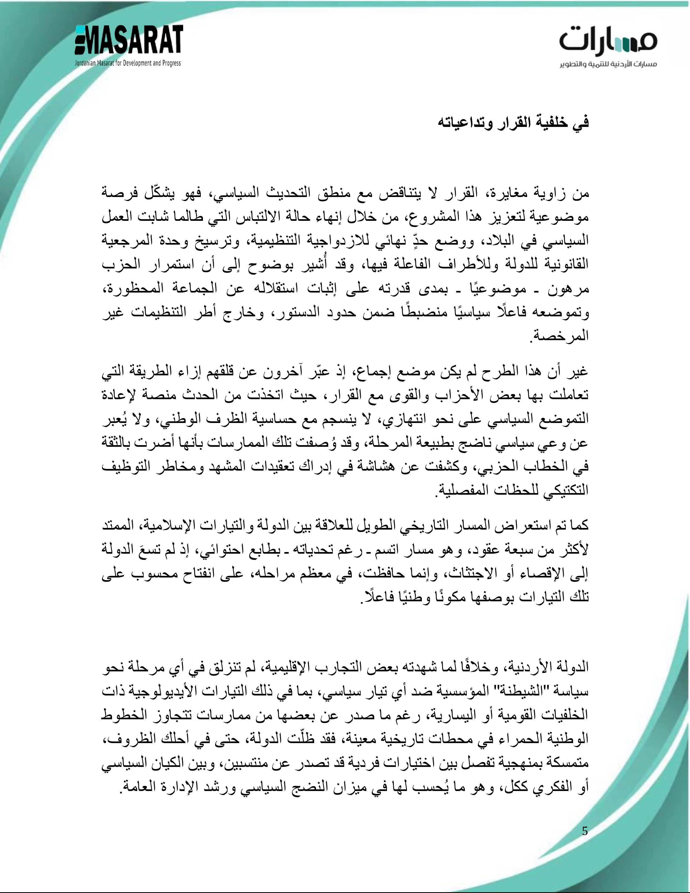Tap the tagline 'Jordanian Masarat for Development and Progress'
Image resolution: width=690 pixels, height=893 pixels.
pos(127,63)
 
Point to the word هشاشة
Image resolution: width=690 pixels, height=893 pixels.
pos(374,466)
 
